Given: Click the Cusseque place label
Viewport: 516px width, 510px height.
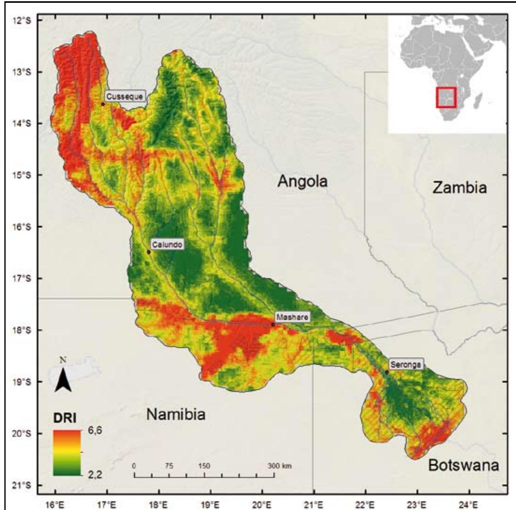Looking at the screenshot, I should (124, 96).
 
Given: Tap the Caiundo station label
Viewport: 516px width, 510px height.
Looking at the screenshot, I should (167, 244).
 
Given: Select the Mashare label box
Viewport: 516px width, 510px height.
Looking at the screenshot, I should (292, 317).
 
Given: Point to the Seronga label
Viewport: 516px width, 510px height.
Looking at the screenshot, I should (406, 365).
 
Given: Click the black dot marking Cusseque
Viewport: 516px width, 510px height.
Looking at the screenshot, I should (103, 104).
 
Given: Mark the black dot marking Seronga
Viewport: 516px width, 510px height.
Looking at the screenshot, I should (387, 372).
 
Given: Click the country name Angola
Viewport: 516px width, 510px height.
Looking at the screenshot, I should (302, 181).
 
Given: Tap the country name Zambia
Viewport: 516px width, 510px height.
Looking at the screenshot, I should (459, 188).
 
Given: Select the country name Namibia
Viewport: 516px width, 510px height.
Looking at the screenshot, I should (176, 414).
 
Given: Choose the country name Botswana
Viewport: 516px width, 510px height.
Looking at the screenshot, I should (463, 465).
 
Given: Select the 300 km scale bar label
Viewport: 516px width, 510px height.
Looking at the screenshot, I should (280, 466).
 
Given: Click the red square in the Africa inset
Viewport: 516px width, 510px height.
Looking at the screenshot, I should (446, 97).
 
